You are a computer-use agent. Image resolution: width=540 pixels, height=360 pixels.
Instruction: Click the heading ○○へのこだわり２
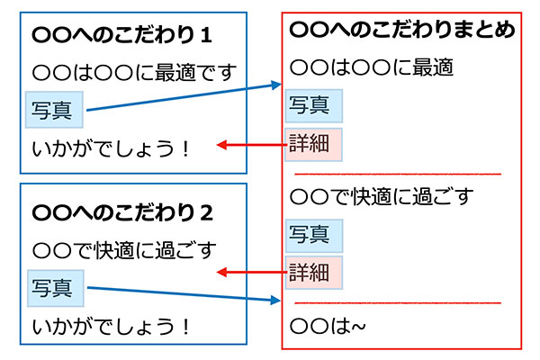[121, 213]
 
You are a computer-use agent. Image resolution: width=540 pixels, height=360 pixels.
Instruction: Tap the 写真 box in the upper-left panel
[54, 111]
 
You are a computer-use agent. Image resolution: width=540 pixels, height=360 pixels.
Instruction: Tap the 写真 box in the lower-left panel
[54, 288]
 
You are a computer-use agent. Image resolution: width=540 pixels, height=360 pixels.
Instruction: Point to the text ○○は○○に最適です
[132, 73]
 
